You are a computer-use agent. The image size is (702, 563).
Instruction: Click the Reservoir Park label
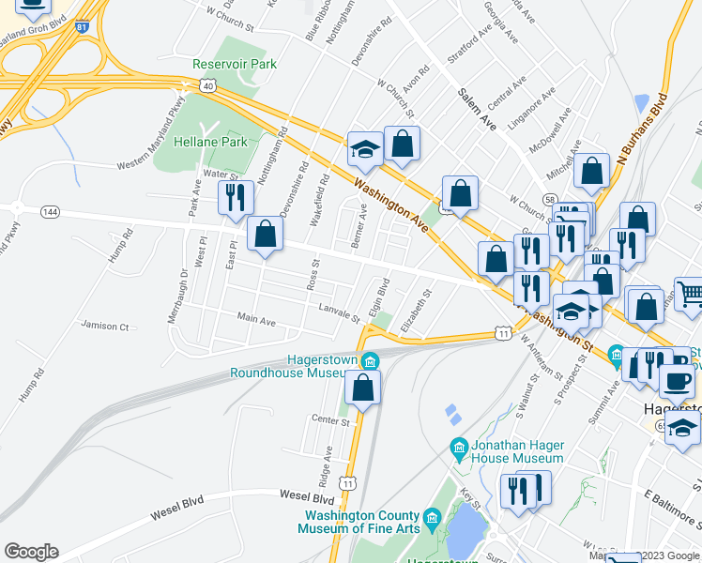coord(235,64)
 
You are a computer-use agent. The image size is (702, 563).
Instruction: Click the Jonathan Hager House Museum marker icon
coord(459,446)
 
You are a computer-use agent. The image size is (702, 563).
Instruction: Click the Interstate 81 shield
coord(84,27)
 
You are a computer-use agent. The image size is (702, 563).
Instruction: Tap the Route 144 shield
coord(50,214)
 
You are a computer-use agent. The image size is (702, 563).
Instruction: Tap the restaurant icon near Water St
coord(235,196)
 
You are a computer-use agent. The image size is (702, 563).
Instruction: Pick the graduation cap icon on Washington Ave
coord(364,148)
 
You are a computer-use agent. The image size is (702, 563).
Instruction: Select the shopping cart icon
coord(690,294)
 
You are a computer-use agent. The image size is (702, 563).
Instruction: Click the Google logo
coord(32,552)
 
